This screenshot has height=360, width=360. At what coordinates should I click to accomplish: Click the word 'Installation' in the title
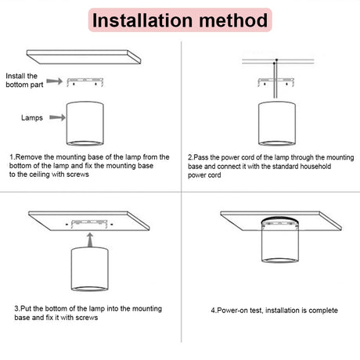(x=142, y=20)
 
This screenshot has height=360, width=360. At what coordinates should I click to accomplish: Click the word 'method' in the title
(x=233, y=20)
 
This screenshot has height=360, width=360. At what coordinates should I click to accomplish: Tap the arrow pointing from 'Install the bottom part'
(x=55, y=81)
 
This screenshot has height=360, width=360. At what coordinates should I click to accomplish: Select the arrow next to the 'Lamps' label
(x=57, y=117)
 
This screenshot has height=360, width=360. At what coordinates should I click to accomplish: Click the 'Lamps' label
(x=32, y=117)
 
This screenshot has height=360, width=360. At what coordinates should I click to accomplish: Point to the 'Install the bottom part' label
(x=24, y=80)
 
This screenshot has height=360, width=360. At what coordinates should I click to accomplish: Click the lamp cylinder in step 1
(x=85, y=124)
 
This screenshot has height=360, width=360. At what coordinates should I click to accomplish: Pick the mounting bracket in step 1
(x=85, y=82)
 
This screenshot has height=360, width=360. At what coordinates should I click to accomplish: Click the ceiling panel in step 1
(x=84, y=57)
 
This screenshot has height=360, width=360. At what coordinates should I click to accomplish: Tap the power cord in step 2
(x=275, y=80)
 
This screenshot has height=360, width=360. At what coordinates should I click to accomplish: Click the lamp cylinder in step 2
(x=277, y=124)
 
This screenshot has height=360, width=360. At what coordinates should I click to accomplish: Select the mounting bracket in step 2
(x=276, y=82)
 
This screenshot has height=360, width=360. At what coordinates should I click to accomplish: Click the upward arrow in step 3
(x=90, y=240)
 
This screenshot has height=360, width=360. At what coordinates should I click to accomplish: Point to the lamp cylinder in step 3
(x=90, y=269)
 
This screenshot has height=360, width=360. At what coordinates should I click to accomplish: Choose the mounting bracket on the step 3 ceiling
(x=89, y=224)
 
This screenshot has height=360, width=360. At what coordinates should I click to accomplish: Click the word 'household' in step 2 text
(x=315, y=167)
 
